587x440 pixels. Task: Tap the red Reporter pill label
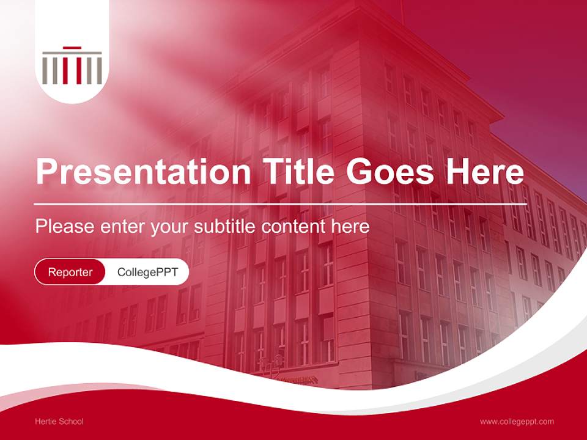(x=70, y=272)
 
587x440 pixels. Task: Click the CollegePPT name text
(x=147, y=272)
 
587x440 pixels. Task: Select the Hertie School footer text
(x=59, y=422)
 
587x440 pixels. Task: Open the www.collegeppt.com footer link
(x=517, y=422)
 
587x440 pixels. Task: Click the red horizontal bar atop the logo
(x=72, y=48)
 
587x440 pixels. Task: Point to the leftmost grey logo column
(x=45, y=69)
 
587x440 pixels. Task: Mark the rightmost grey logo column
(x=99, y=69)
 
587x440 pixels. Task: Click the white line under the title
(x=281, y=204)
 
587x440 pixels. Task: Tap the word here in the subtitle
(x=351, y=227)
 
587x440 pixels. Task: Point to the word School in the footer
(x=70, y=422)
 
